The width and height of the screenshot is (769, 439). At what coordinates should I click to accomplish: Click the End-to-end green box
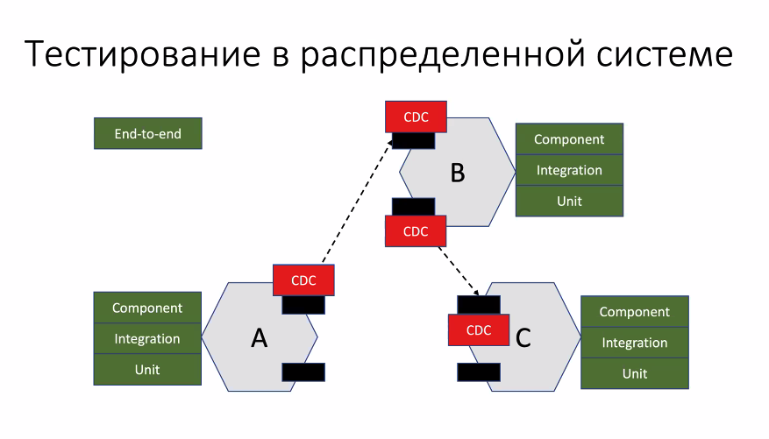click(148, 134)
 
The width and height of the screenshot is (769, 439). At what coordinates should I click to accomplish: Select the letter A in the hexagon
click(259, 338)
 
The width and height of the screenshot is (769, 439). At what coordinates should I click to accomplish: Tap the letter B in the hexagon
click(457, 173)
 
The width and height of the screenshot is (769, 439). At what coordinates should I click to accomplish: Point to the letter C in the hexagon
click(523, 337)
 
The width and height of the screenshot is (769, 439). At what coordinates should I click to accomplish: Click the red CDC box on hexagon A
click(303, 280)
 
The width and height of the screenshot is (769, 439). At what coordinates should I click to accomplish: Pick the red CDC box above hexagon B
click(416, 117)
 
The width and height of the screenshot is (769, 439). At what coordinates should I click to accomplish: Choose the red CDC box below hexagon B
click(416, 231)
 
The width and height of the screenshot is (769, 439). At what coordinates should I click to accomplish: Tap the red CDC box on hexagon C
click(479, 330)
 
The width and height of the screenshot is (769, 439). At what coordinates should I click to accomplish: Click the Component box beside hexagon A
click(147, 308)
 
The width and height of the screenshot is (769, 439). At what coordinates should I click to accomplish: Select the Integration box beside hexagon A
click(147, 338)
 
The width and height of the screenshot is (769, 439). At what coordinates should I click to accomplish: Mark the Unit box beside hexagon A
click(147, 369)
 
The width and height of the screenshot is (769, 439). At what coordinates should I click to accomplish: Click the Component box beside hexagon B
click(569, 139)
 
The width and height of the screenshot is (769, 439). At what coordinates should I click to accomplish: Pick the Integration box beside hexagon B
click(569, 170)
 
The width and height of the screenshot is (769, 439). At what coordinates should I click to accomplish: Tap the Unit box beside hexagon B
click(569, 201)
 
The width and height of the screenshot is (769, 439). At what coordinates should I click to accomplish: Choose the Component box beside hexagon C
click(635, 312)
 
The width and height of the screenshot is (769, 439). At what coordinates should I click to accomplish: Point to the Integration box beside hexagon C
click(635, 343)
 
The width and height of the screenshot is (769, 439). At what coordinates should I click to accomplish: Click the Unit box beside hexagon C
click(635, 373)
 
